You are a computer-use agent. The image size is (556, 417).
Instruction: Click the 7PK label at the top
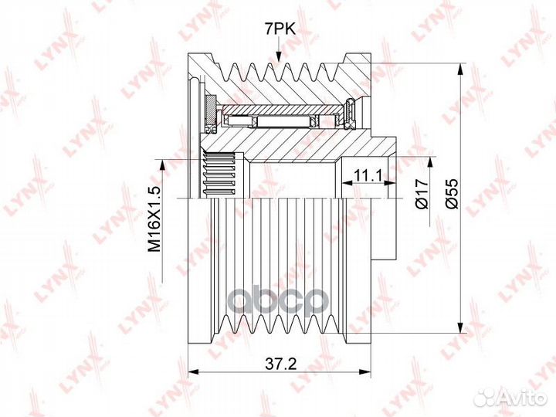pyautogui.click(x=280, y=29)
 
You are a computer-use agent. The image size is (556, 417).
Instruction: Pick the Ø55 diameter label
pyautogui.click(x=452, y=194)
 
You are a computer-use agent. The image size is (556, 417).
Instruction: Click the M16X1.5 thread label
pyautogui.click(x=154, y=219)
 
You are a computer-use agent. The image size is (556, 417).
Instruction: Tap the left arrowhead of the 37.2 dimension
pyautogui.click(x=193, y=371)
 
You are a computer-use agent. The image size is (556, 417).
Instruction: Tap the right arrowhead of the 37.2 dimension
pyautogui.click(x=364, y=371)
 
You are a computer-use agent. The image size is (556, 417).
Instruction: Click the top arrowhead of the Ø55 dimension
pyautogui.click(x=460, y=69)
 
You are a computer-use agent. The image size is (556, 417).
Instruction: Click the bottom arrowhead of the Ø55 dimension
pyautogui.click(x=460, y=327)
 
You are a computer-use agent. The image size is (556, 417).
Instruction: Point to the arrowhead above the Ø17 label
pyautogui.click(x=430, y=161)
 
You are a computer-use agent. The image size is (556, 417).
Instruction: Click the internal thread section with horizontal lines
pyautogui.click(x=219, y=174)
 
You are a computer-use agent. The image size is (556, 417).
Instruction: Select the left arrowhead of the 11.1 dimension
pyautogui.click(x=347, y=183)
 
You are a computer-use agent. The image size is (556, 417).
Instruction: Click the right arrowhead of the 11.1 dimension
pyautogui.click(x=390, y=183)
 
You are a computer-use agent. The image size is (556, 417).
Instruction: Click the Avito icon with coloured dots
pyautogui.click(x=486, y=398)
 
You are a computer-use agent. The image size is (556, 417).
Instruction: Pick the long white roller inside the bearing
pyautogui.click(x=283, y=122)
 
